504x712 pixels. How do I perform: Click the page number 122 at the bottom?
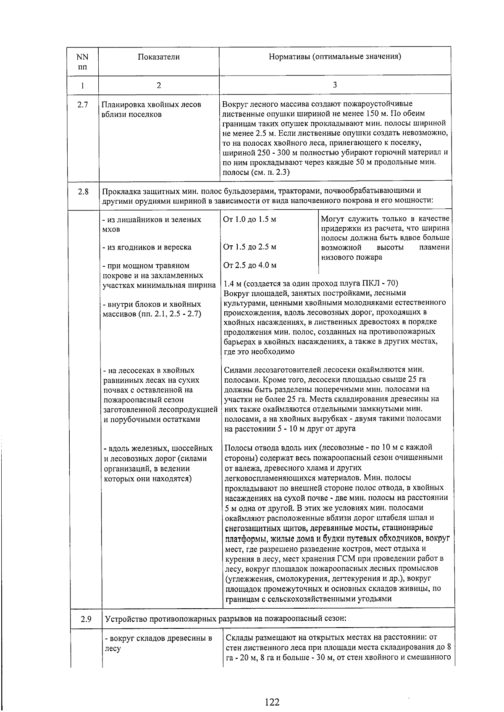tap(272, 690)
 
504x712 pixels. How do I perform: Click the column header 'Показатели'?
tap(158, 57)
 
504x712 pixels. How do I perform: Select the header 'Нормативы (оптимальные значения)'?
tap(335, 57)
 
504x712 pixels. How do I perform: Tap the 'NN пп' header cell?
tap(83, 61)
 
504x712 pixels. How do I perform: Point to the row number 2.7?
tap(83, 105)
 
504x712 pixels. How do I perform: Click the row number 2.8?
tap(83, 192)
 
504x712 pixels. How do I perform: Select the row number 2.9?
tap(86, 619)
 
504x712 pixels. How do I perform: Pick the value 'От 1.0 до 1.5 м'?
tap(250, 219)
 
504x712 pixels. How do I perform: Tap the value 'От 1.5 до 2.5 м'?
tap(250, 247)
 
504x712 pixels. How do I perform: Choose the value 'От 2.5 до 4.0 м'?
tap(250, 265)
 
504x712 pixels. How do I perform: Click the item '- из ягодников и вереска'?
tap(147, 247)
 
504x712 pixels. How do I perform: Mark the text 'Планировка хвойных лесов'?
tap(151, 105)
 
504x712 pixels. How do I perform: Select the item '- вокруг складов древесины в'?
tap(158, 639)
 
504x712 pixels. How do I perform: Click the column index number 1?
tap(83, 86)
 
